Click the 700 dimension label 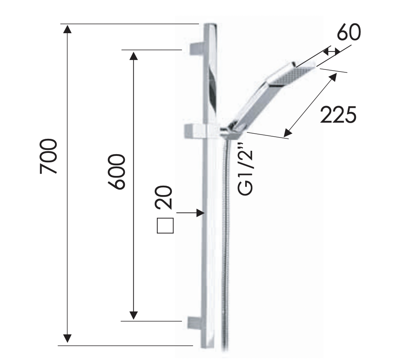pyautogui.click(x=48, y=157)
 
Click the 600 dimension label pyautogui.click(x=117, y=172)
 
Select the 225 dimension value pyautogui.click(x=338, y=115)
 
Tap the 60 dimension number pyautogui.click(x=349, y=32)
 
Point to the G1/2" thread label pyautogui.click(x=245, y=169)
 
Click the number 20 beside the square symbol pyautogui.click(x=164, y=198)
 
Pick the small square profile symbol pyautogui.click(x=165, y=225)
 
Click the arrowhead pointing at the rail pyautogui.click(x=200, y=213)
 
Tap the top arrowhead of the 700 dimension pyautogui.click(x=67, y=29)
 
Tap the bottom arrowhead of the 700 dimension pyautogui.click(x=67, y=339)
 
